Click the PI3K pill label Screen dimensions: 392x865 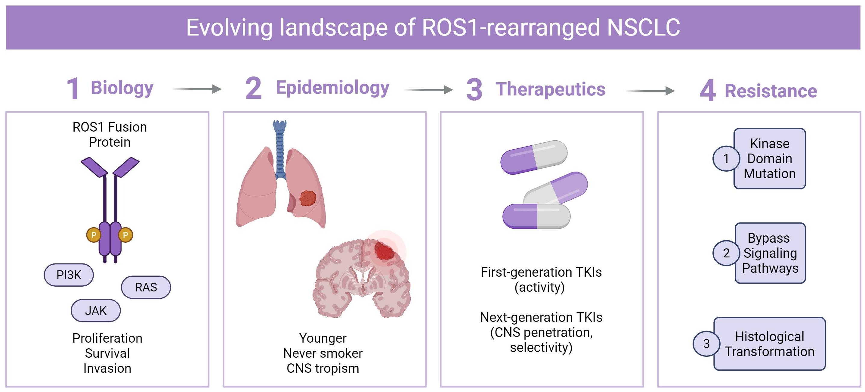pyautogui.click(x=69, y=275)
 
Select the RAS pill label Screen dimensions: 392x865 pyautogui.click(x=146, y=287)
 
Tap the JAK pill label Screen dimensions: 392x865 pyautogui.click(x=96, y=311)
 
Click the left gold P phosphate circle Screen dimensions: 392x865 pyautogui.click(x=94, y=235)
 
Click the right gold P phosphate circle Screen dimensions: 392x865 pyautogui.click(x=125, y=235)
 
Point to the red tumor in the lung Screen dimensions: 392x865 pyautogui.click(x=307, y=198)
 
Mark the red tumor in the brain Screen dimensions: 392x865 pyautogui.click(x=384, y=250)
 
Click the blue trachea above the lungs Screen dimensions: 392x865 pyautogui.click(x=280, y=148)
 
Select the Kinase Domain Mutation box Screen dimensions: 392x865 pyautogui.click(x=770, y=159)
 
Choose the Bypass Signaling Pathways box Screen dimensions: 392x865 pyautogui.click(x=770, y=253)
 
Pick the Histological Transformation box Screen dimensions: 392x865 pyautogui.click(x=770, y=344)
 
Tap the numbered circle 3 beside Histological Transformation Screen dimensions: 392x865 pyautogui.click(x=706, y=344)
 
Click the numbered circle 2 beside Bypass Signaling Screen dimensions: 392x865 pyautogui.click(x=726, y=253)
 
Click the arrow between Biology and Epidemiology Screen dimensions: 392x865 pyautogui.click(x=197, y=89)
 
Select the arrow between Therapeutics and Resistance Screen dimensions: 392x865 pyautogui.click(x=650, y=91)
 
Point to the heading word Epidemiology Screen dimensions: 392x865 pyautogui.click(x=332, y=88)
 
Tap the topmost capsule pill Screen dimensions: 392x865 pyautogui.click(x=534, y=157)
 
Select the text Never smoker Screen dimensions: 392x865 pyautogui.click(x=323, y=353)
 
